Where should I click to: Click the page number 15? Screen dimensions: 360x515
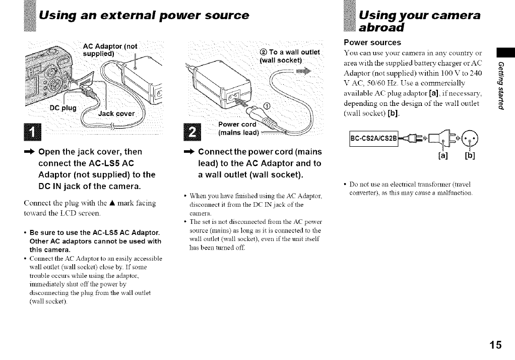click(x=495, y=345)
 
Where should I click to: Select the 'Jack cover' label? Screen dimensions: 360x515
click(x=114, y=114)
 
